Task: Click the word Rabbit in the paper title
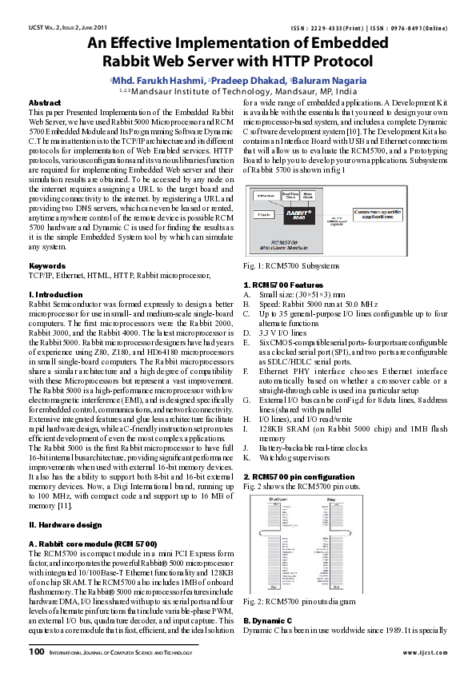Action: (x=129, y=60)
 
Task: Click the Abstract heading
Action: (x=45, y=103)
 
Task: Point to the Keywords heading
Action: (x=47, y=243)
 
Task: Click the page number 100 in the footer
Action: (x=37, y=651)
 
